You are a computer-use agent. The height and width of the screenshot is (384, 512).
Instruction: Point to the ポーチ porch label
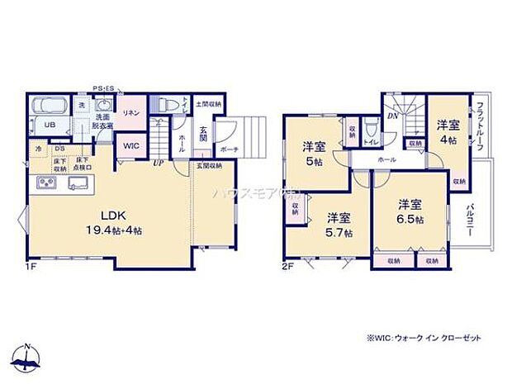[230, 149]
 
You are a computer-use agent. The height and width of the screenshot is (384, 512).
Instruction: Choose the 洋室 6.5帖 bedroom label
[410, 211]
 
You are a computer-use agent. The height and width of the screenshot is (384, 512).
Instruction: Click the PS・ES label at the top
[103, 87]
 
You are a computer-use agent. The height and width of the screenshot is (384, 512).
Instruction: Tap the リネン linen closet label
[130, 112]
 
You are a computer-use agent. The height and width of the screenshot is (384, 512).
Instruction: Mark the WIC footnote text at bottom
[428, 339]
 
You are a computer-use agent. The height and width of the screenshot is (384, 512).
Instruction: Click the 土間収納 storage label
[208, 104]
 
